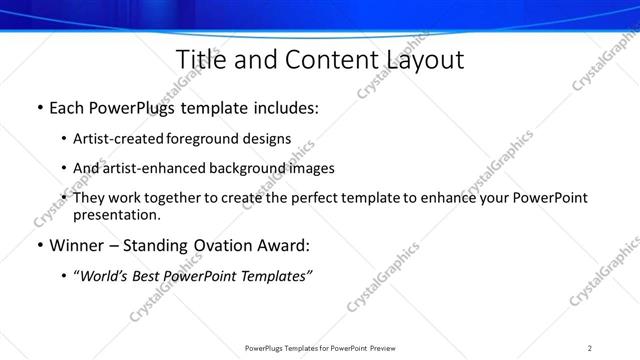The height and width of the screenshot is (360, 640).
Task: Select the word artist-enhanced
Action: coord(151,168)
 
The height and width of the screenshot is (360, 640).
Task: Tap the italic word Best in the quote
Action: coord(152,276)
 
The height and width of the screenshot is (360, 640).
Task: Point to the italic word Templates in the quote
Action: coord(276,276)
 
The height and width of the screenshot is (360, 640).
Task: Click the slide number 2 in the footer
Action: coord(590,348)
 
